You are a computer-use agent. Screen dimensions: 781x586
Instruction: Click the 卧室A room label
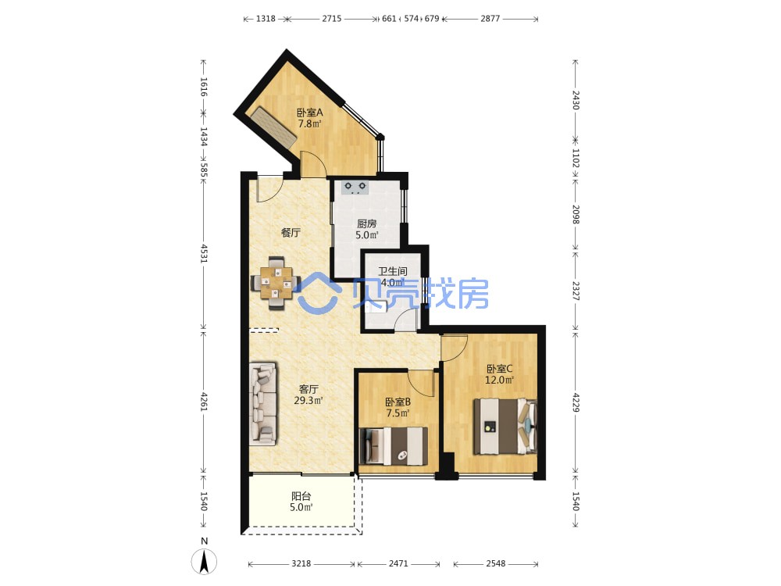click(x=310, y=113)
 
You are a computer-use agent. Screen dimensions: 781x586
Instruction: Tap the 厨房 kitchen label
click(x=366, y=223)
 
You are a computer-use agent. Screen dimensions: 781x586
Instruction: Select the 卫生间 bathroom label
click(x=393, y=271)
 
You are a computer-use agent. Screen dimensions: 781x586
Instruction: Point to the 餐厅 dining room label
click(x=291, y=232)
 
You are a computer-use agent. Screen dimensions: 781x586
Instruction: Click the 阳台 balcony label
click(x=301, y=496)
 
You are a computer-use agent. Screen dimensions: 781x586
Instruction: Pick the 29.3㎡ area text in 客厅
click(x=308, y=400)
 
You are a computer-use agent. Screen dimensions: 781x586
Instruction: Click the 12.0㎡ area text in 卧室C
click(x=500, y=381)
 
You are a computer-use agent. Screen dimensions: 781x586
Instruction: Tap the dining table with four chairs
click(x=276, y=283)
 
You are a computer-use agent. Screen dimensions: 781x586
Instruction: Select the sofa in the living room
click(x=263, y=404)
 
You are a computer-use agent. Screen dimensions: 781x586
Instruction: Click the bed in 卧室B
click(x=394, y=446)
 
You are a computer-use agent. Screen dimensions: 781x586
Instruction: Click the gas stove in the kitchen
click(x=355, y=187)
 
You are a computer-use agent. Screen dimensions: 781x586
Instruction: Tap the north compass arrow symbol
click(x=204, y=561)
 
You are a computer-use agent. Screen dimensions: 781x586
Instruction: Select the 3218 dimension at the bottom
click(x=301, y=563)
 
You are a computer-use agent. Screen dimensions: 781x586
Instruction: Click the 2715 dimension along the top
click(x=332, y=19)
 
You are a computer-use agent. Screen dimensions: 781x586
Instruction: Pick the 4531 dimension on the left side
click(x=204, y=253)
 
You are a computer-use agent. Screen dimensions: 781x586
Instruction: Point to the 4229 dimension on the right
click(x=576, y=402)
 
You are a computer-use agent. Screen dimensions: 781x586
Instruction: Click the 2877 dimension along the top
click(x=490, y=19)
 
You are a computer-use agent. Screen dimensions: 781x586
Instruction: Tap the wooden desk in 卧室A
click(x=273, y=127)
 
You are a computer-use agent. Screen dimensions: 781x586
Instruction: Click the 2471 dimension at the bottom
click(x=398, y=563)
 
